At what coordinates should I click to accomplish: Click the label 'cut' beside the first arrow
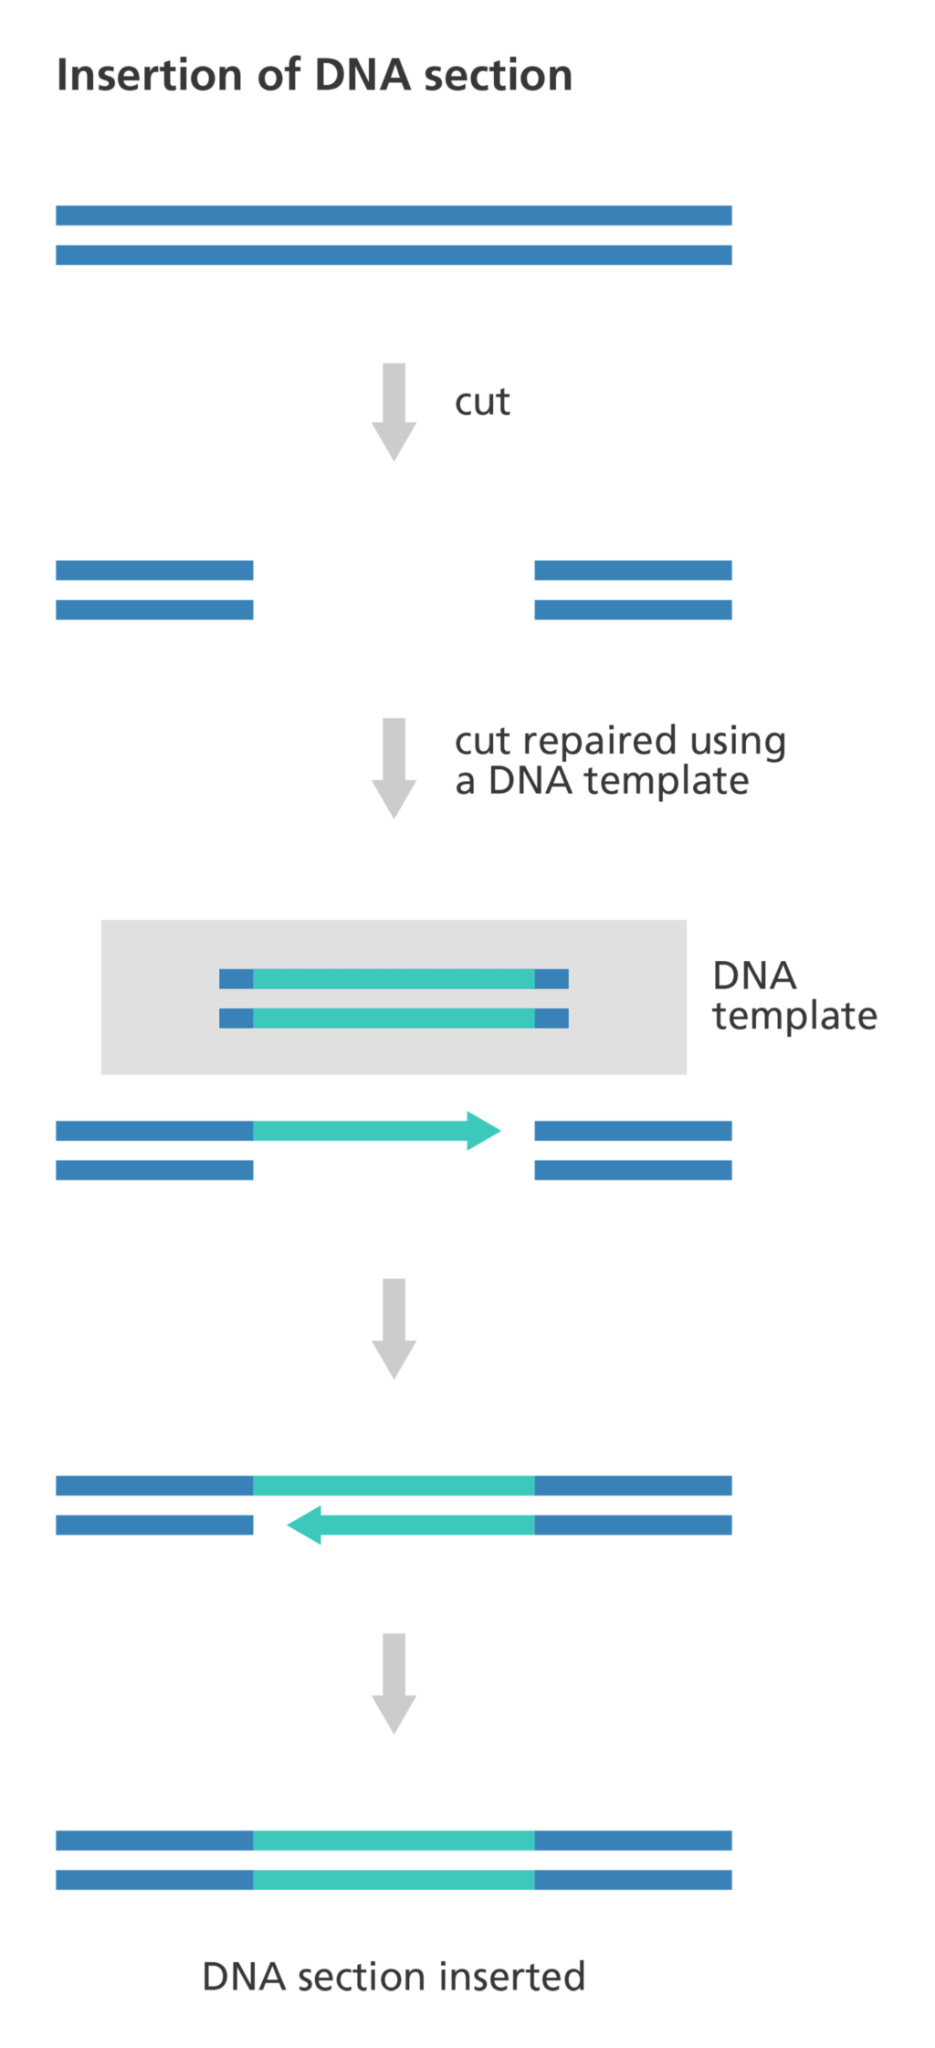coord(482,402)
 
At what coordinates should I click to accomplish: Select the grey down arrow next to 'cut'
coord(394,411)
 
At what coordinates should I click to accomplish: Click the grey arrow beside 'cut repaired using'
coord(394,767)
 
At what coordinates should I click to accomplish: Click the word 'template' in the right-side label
coord(794,1017)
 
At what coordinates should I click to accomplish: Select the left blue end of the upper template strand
coord(236,979)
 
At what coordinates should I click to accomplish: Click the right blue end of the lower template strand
coord(552,1018)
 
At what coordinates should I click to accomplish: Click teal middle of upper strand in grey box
coord(394,979)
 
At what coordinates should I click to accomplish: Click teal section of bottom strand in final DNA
coord(394,1880)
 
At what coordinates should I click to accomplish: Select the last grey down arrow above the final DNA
coord(394,1683)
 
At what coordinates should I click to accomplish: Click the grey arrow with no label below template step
coord(394,1327)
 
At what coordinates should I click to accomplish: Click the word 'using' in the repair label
coord(737,742)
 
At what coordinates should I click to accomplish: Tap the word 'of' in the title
coord(278,75)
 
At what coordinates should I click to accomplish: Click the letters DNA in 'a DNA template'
coord(530,782)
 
